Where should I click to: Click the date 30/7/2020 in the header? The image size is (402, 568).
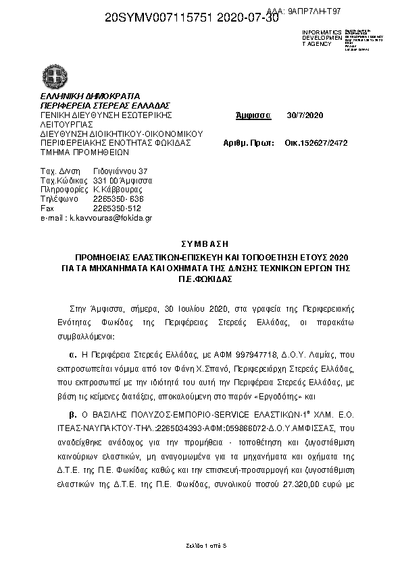click(305, 115)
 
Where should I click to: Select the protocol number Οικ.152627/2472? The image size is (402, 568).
click(316, 143)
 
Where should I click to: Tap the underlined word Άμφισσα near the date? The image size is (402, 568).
click(253, 115)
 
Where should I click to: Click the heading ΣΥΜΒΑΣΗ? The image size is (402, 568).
click(201, 243)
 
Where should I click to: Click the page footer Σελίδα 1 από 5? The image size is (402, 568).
click(201, 544)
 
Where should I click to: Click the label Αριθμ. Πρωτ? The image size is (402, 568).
click(248, 143)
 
